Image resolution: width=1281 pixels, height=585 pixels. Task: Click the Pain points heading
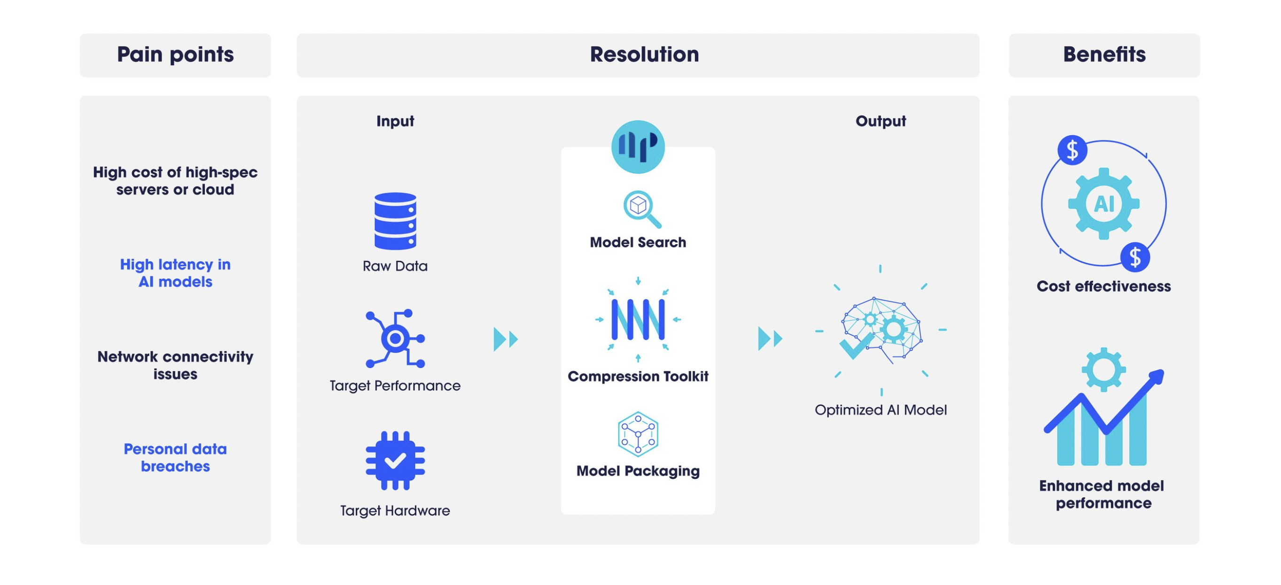tap(175, 54)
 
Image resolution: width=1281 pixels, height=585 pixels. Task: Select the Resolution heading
tap(644, 54)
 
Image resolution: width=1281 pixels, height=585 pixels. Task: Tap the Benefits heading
tap(1104, 54)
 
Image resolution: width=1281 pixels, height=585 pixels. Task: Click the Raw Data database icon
tap(395, 221)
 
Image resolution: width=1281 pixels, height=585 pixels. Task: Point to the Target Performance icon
tap(395, 339)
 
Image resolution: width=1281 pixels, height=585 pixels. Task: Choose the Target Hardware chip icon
tap(395, 460)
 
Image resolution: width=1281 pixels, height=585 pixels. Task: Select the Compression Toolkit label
tap(638, 376)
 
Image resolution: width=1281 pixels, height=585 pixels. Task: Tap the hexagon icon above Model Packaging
tap(638, 434)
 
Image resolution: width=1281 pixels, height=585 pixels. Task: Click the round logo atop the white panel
tap(638, 146)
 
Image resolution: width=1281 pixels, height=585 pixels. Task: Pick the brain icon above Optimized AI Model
tap(881, 330)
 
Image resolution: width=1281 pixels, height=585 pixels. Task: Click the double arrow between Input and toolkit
tap(505, 339)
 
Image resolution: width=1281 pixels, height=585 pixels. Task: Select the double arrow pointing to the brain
tap(770, 339)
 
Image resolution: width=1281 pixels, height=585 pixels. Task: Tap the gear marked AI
tap(1103, 204)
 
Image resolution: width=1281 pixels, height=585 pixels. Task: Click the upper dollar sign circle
tap(1072, 150)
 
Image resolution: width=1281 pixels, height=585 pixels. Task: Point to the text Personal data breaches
tap(175, 457)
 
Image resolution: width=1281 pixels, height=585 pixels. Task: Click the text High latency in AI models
tap(175, 273)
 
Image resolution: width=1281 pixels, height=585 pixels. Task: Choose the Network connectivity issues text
tap(175, 365)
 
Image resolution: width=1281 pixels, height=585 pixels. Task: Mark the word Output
tap(880, 121)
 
